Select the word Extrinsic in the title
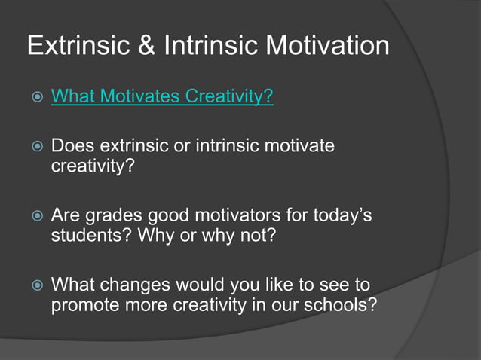(x=73, y=47)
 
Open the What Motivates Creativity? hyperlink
(x=161, y=97)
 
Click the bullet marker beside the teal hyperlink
(x=32, y=98)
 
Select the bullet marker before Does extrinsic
(x=32, y=147)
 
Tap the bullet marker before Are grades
(x=32, y=217)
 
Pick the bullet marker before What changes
(x=32, y=287)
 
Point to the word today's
(x=343, y=216)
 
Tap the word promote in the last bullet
(x=83, y=306)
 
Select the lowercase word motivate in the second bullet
(x=302, y=146)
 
